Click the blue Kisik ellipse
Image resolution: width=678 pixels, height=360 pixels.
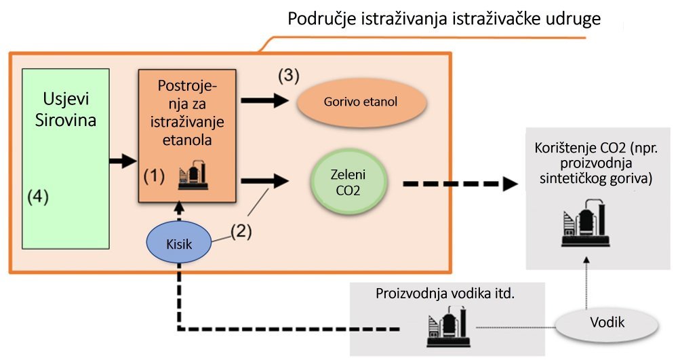pos(179,242)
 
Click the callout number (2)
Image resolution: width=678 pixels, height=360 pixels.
pos(240,232)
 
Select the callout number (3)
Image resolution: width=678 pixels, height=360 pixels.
pos(288,75)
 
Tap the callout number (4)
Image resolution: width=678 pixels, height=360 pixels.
pos(39,197)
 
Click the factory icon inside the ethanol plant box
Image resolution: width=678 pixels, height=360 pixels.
pos(192,176)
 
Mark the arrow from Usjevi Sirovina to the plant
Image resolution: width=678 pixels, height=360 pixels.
pos(123,162)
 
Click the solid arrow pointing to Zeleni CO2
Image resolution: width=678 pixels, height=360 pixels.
pos(265,181)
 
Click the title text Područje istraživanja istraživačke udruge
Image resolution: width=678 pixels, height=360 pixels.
pos(444,19)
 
